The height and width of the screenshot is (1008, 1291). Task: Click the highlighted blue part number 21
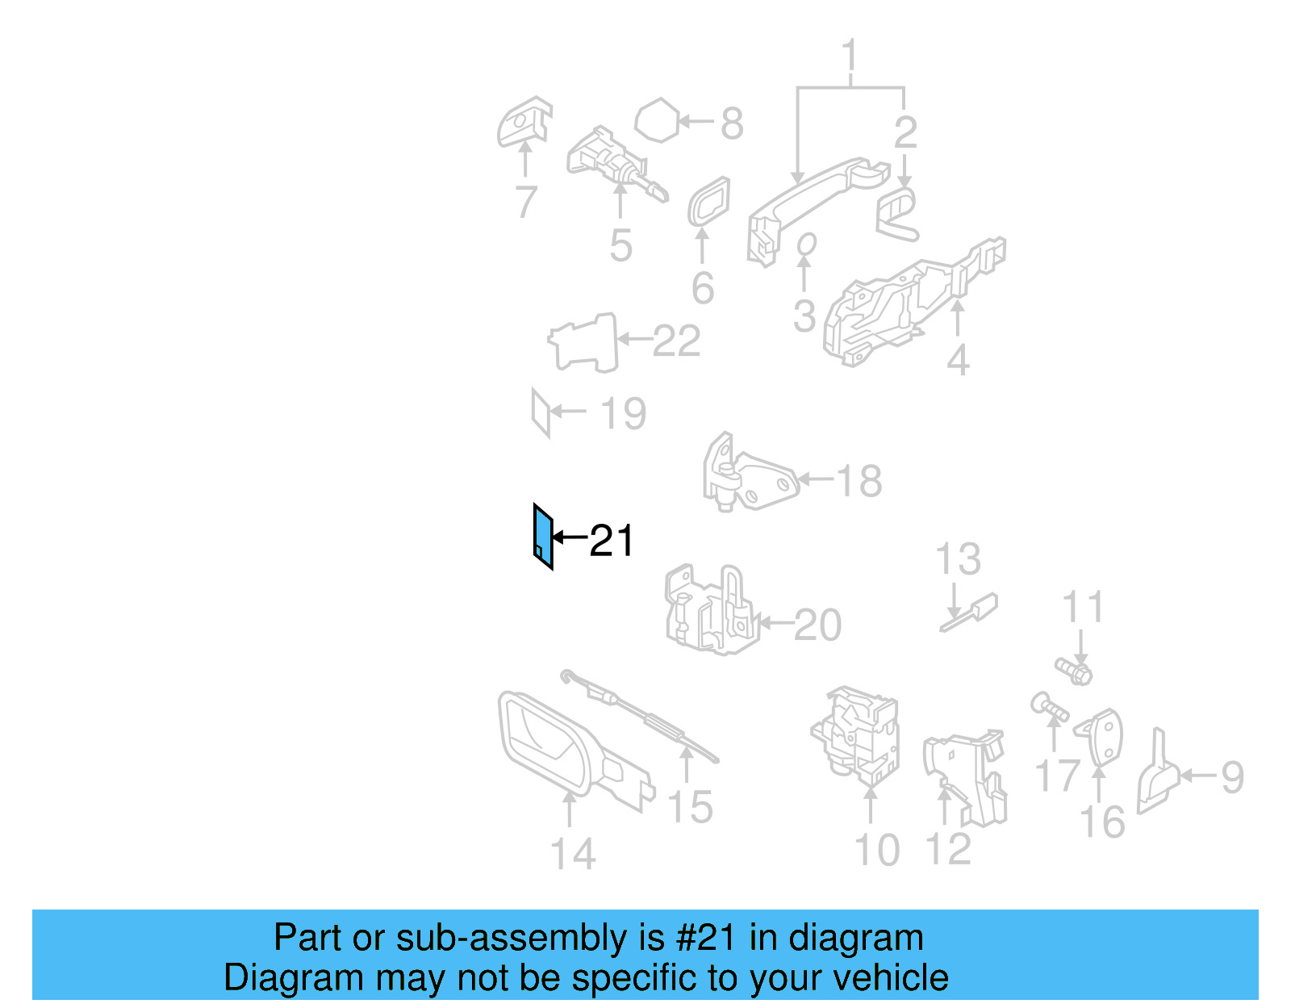(543, 536)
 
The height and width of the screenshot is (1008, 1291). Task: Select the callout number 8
(732, 123)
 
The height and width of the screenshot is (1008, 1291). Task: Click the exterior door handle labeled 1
(807, 202)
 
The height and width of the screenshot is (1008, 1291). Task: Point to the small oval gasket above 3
(806, 244)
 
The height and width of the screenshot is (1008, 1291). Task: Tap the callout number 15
(691, 806)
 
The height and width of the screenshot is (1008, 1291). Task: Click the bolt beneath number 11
(1074, 670)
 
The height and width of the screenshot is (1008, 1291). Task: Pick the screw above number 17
(1049, 708)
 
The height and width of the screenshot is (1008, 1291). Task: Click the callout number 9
(1232, 776)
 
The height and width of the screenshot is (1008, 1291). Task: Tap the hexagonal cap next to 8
(658, 120)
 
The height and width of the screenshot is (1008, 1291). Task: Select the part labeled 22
(585, 343)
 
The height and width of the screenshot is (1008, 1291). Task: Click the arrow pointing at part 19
(569, 411)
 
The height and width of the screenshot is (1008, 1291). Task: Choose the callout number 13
(958, 558)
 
